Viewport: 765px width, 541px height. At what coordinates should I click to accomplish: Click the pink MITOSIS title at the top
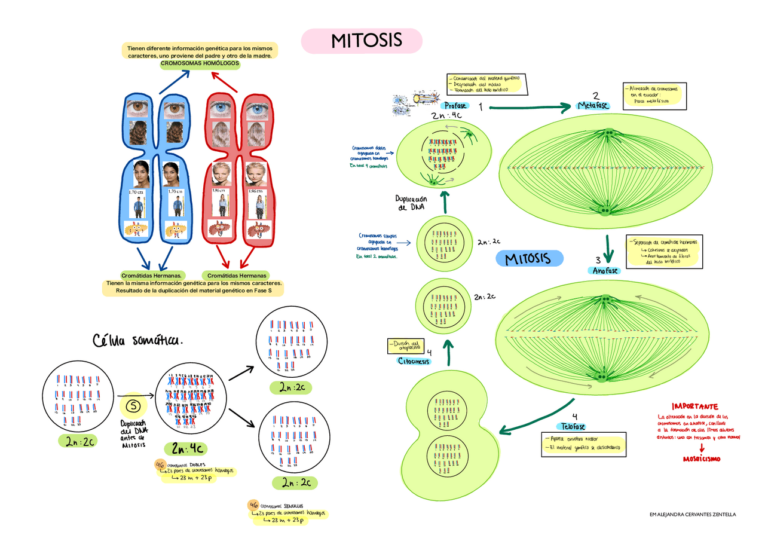click(x=361, y=41)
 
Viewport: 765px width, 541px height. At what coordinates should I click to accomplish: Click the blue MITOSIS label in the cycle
click(x=530, y=259)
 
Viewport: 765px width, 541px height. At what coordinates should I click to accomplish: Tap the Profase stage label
click(x=455, y=106)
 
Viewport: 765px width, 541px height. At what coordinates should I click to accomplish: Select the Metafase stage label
click(x=592, y=105)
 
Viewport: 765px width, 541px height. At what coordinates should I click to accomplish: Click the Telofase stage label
click(x=573, y=426)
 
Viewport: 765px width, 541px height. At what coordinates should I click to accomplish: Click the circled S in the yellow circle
click(x=134, y=406)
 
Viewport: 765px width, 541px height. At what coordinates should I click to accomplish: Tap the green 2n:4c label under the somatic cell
click(x=188, y=448)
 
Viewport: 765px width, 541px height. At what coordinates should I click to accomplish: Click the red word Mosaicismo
click(x=701, y=459)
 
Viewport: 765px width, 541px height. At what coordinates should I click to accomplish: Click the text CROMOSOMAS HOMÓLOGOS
click(x=200, y=63)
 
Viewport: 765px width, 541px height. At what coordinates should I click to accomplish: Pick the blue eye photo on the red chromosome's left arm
click(x=222, y=109)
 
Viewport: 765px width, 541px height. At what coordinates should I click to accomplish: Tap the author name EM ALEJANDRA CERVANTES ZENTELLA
click(x=692, y=514)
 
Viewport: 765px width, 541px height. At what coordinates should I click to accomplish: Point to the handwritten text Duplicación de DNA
click(x=411, y=203)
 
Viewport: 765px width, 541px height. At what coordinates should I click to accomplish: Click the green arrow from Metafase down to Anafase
click(x=608, y=248)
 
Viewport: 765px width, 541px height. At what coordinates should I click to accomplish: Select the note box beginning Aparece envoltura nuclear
click(x=583, y=444)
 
